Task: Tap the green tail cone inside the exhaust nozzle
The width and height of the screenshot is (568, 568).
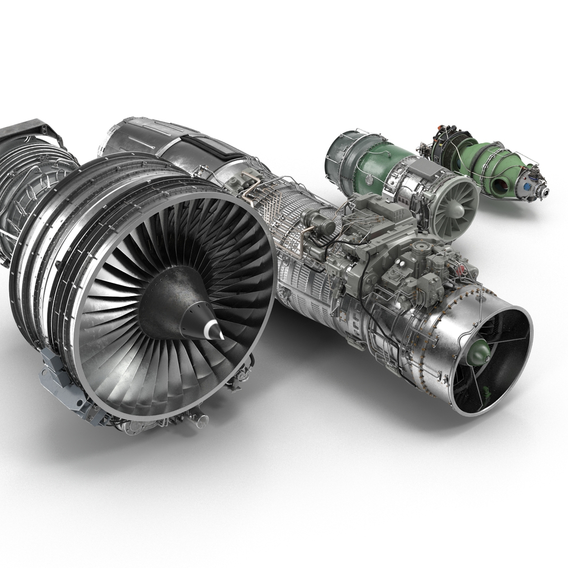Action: (478, 352)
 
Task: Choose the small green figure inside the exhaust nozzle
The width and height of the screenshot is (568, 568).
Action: (487, 392)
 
